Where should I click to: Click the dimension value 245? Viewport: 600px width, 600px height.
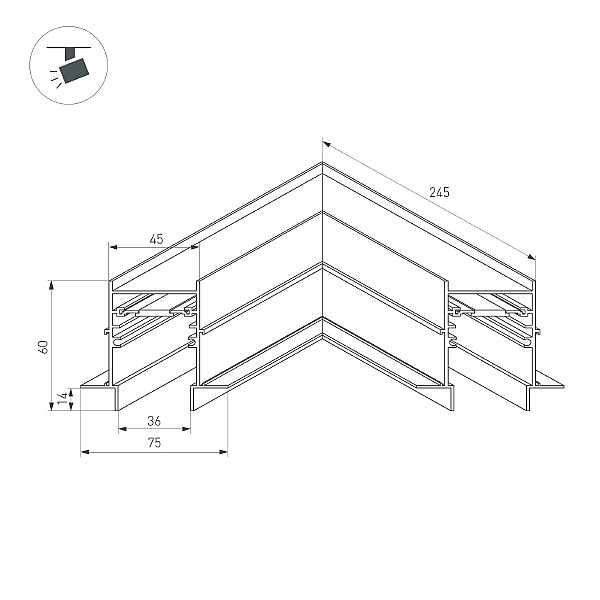439,192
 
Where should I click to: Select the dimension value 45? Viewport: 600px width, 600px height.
156,239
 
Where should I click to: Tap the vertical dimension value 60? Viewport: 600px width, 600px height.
44,347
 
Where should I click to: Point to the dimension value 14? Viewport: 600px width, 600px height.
64,398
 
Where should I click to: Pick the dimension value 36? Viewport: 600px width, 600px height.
154,421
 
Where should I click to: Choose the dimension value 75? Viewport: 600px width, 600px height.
154,443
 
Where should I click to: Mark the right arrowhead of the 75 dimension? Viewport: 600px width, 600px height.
223,452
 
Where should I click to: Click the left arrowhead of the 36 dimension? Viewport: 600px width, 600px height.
122,429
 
